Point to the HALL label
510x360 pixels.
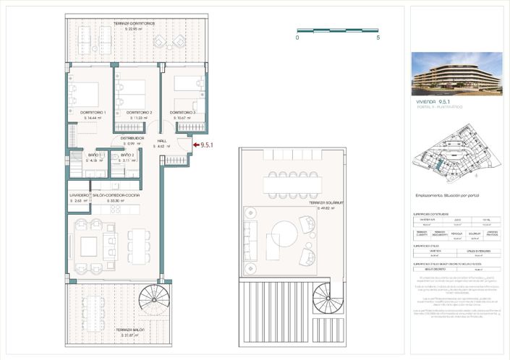pos(162,140)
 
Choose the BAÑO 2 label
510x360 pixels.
pos(127,155)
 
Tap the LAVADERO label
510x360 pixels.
pos(79,195)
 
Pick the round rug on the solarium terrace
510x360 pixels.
pos(284,240)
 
